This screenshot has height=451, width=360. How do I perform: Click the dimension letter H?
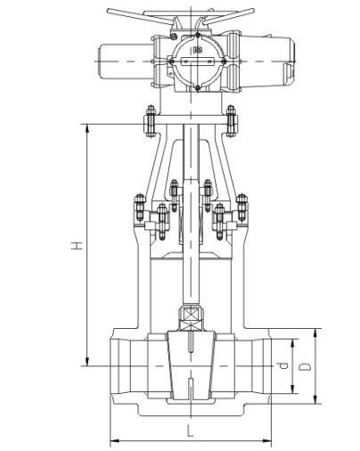coord(77,245)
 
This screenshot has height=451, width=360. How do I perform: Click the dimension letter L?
coord(190,430)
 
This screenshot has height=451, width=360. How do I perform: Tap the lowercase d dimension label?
coord(284,365)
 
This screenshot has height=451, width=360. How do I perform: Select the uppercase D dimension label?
coord(305,366)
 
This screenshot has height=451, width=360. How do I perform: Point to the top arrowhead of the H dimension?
coord(87,128)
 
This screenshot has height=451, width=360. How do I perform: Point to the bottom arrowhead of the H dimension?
coord(87,362)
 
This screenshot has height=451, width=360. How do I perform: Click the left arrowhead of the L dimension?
coord(115,440)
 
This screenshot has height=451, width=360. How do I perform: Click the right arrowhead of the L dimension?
coord(266,440)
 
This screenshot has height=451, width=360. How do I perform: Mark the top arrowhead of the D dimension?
coord(315,333)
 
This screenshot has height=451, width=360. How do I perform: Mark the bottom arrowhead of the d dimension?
coord(293,389)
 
